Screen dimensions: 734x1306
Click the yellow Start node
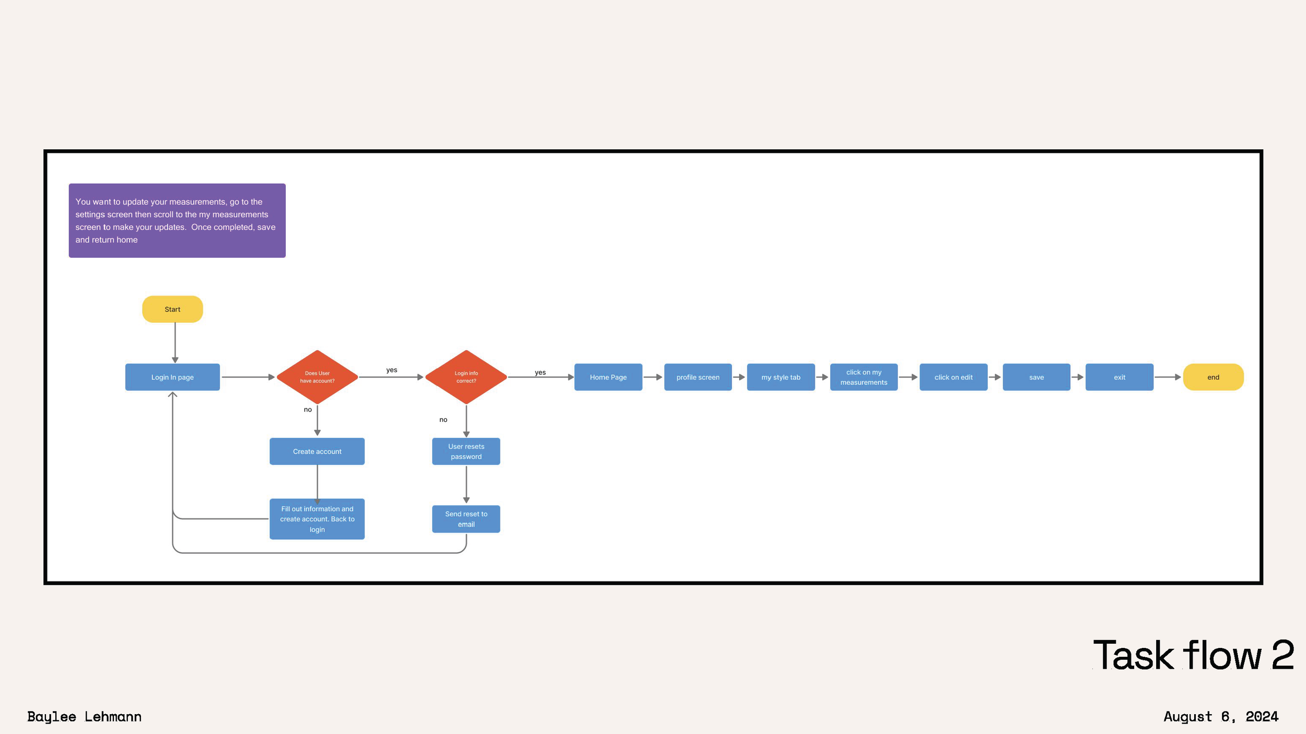pos(172,309)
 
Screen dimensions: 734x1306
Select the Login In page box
pos(172,377)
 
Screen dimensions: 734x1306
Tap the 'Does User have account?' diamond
pos(317,377)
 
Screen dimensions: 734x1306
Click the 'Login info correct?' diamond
pos(466,377)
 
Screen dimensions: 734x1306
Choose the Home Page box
pos(608,377)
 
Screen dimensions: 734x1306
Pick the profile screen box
pos(698,377)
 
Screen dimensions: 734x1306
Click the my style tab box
pos(780,377)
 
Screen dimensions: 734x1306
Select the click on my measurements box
pos(864,377)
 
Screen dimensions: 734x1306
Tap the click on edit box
pos(953,377)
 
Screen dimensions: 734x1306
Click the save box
pos(1036,377)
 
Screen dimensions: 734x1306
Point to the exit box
pos(1119,377)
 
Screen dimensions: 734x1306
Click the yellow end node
pos(1213,377)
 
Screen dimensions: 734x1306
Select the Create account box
pos(317,451)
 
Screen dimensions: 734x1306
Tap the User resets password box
pos(466,451)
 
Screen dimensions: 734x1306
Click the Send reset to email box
pos(466,519)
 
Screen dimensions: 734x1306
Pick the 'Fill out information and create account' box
pos(317,519)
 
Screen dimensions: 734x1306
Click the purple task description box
pos(177,220)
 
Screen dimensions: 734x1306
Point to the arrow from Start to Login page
pos(175,342)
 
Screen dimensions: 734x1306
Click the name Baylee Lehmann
pos(84,716)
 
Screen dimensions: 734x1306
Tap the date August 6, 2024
pos(1221,716)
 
